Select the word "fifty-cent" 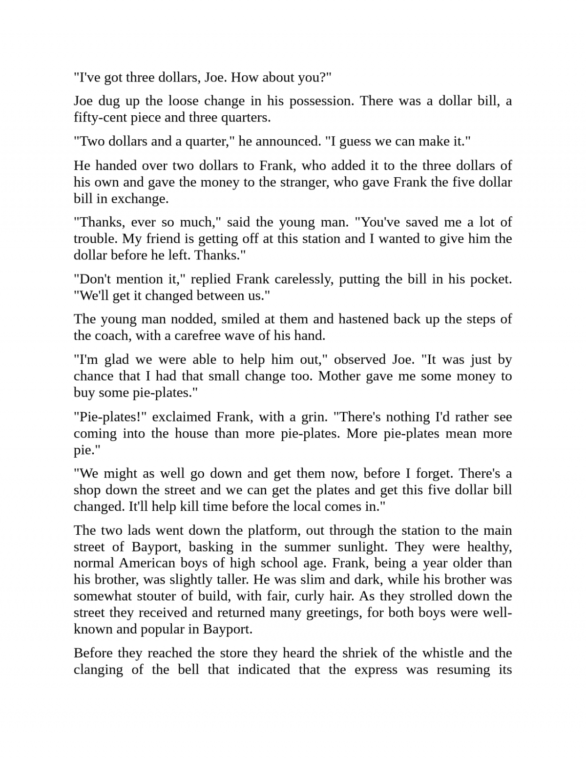point(100,118)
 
